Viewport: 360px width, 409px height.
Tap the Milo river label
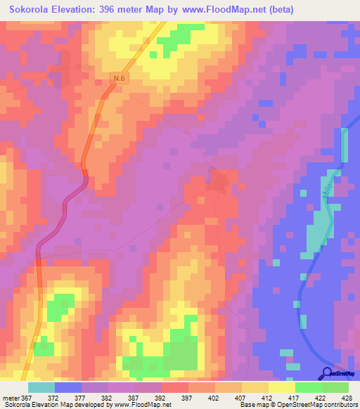click(326, 190)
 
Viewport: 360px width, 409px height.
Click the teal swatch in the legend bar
click(41, 387)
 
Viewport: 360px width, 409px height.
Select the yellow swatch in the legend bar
click(281, 387)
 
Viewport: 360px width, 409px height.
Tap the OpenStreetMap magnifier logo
click(328, 373)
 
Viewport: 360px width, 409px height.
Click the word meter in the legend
click(10, 398)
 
